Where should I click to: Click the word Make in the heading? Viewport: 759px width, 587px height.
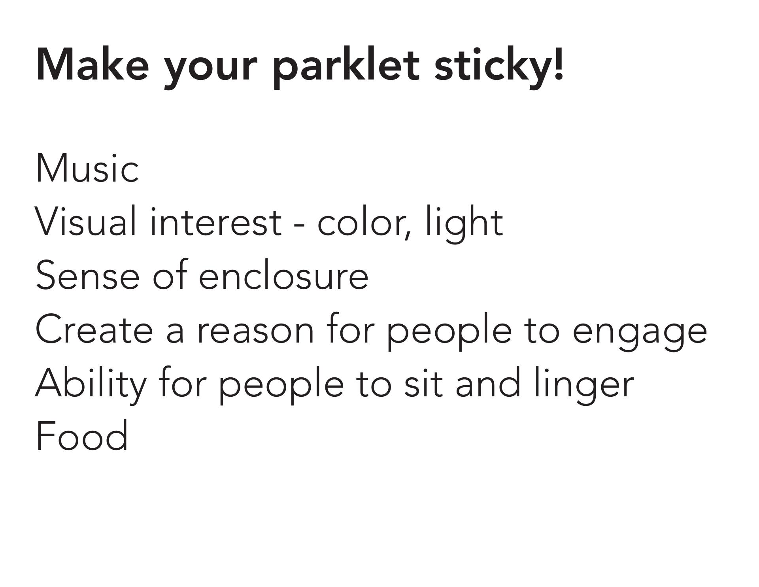click(x=93, y=64)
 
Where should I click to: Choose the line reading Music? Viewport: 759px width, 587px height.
click(x=87, y=168)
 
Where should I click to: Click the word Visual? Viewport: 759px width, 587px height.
click(x=87, y=222)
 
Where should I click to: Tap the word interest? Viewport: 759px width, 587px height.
click(x=216, y=222)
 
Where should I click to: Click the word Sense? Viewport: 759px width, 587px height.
click(x=87, y=275)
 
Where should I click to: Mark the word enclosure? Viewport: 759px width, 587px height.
click(x=283, y=275)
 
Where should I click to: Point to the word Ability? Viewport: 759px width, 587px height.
click(x=91, y=384)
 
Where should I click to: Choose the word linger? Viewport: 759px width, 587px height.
click(x=584, y=384)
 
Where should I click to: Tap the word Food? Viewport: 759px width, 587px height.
click(x=82, y=436)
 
